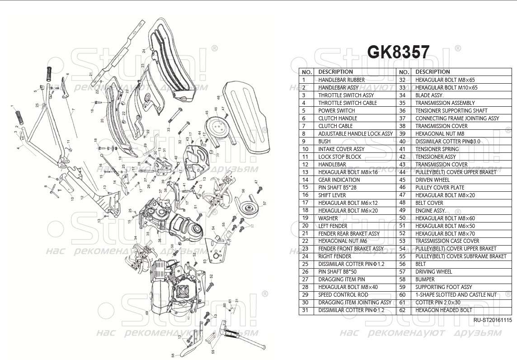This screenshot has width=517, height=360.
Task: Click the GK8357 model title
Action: coord(398,52)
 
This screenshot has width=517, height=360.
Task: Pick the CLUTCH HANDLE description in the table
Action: coord(338,118)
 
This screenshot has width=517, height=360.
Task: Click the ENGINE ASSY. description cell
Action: coord(430,210)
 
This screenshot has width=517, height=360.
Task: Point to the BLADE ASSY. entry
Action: coord(429,95)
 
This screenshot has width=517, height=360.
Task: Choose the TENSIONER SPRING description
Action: coord(437,149)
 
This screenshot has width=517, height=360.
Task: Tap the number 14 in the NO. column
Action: coord(305,180)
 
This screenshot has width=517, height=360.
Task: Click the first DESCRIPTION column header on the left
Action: coord(335,71)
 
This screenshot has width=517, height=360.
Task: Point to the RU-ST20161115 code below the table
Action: coord(493,320)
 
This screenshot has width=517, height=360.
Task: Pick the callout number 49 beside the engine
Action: coord(147,313)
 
